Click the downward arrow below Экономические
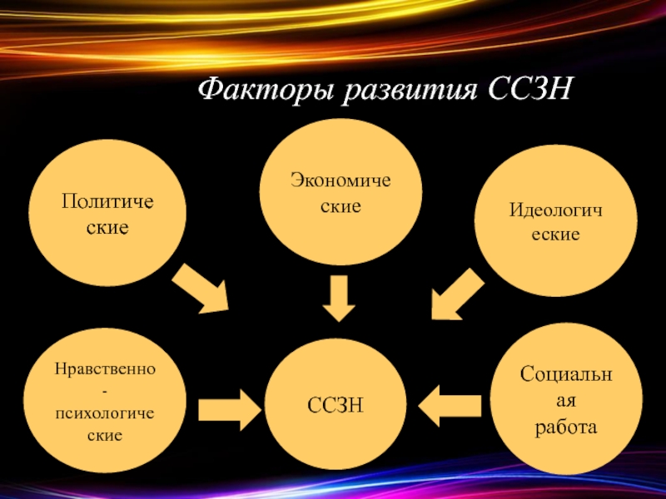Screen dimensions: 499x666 (x=339, y=298)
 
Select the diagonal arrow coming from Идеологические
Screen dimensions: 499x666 (x=457, y=292)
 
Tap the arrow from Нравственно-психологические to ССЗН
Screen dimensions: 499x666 (x=231, y=407)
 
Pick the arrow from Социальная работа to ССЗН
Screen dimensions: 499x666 (x=450, y=406)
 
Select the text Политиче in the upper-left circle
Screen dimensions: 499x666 (x=108, y=202)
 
